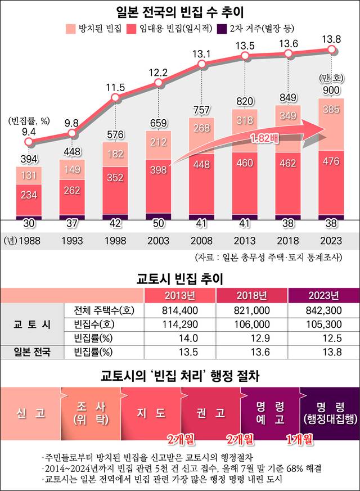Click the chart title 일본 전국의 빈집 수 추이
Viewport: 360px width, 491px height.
(x=180, y=11)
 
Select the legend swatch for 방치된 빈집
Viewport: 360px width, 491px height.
(x=71, y=28)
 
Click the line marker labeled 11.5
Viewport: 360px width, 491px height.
(x=115, y=98)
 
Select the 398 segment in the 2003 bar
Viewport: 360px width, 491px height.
(x=158, y=169)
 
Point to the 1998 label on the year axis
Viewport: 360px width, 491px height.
(x=115, y=240)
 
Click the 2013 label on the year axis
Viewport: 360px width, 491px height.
(x=245, y=240)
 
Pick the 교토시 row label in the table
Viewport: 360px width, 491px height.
(x=31, y=324)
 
